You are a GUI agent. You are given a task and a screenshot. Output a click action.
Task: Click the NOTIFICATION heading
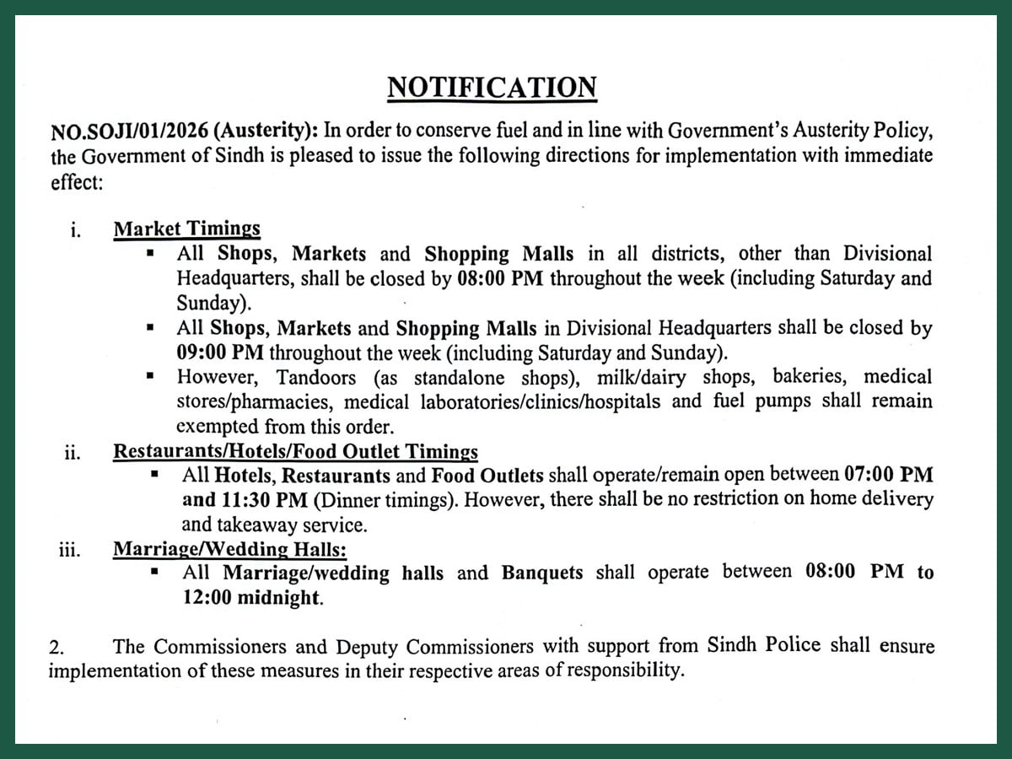pyautogui.click(x=492, y=88)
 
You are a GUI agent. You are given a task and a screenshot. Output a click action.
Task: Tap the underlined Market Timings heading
pyautogui.click(x=186, y=229)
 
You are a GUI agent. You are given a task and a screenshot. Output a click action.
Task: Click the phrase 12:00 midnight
pyautogui.click(x=251, y=598)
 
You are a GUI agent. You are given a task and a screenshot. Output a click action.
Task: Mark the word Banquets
pyautogui.click(x=541, y=573)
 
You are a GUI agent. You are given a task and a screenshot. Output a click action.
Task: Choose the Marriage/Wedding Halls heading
pyautogui.click(x=229, y=550)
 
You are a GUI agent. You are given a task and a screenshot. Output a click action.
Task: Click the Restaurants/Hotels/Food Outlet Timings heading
pyautogui.click(x=295, y=451)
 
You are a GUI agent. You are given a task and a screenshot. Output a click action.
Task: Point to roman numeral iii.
pyautogui.click(x=70, y=552)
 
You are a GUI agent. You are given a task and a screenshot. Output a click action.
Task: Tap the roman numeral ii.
pyautogui.click(x=73, y=453)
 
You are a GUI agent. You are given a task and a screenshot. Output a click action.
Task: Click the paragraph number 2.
pyautogui.click(x=57, y=648)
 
